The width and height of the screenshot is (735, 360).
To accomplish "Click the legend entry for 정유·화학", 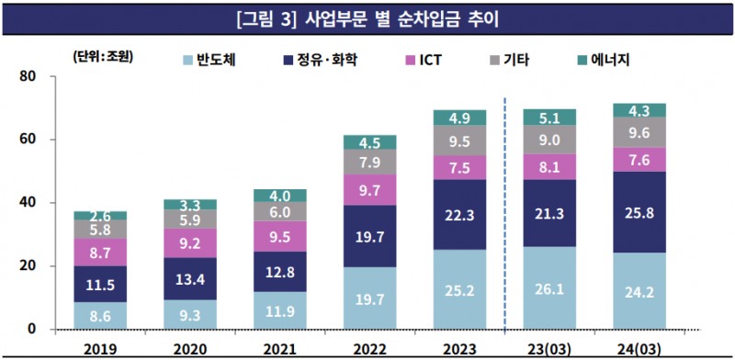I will pyautogui.click(x=317, y=61).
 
